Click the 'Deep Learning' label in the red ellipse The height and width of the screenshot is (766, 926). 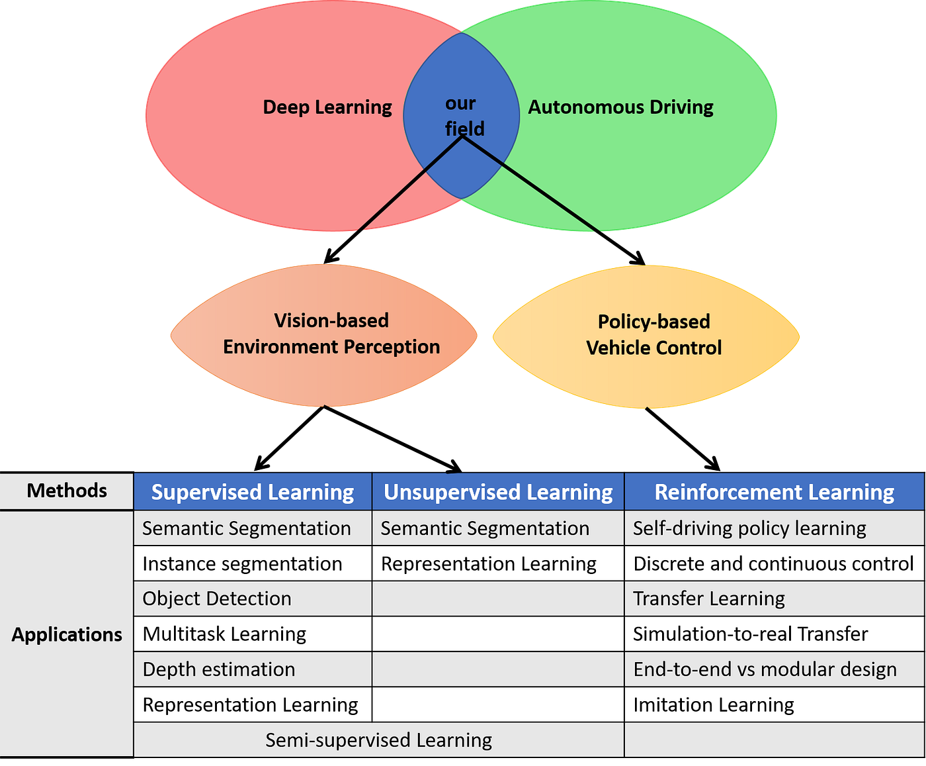327,107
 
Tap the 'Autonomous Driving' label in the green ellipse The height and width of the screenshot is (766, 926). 620,107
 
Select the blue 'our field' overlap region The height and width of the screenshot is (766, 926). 461,79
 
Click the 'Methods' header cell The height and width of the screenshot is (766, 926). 67,491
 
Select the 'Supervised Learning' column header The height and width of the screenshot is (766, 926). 253,492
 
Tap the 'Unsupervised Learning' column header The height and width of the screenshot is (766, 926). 498,492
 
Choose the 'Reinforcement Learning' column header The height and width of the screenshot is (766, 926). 774,492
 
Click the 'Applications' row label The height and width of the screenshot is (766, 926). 67,634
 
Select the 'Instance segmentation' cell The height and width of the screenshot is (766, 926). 243,563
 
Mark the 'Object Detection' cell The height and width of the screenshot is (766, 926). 217,598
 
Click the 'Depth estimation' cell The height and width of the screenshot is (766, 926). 219,669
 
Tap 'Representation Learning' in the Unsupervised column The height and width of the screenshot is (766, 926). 489,563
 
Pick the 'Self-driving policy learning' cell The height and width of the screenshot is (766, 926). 749,528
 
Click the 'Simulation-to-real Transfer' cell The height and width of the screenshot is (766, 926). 750,634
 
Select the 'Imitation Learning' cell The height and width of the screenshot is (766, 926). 714,705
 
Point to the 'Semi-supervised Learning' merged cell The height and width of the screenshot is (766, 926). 379,740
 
